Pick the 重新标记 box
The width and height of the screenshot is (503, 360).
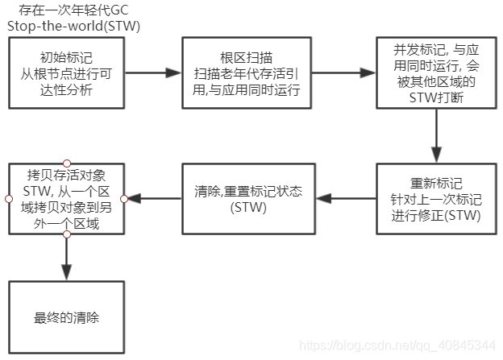click(436, 197)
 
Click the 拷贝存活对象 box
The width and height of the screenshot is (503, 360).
click(67, 198)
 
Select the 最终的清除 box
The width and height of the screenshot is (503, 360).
click(67, 316)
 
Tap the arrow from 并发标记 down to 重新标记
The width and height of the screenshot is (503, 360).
click(436, 137)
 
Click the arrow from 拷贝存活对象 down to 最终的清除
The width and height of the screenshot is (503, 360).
click(67, 257)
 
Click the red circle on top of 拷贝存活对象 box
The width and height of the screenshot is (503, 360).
click(67, 162)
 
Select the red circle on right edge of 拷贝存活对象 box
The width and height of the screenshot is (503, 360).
click(124, 198)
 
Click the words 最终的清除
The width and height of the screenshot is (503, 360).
click(67, 317)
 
